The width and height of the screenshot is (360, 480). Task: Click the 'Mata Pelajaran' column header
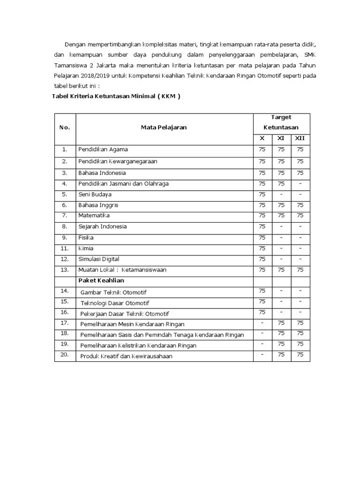pyautogui.click(x=164, y=127)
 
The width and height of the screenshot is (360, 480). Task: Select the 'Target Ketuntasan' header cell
pyautogui.click(x=280, y=122)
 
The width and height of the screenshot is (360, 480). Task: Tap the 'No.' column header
pyautogui.click(x=65, y=127)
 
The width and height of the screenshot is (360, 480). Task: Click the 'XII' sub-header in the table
pyautogui.click(x=300, y=138)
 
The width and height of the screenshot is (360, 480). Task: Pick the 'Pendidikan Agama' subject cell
pyautogui.click(x=103, y=150)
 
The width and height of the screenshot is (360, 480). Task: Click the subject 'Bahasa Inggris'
pyautogui.click(x=98, y=205)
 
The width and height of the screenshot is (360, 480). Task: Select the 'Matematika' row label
pyautogui.click(x=94, y=216)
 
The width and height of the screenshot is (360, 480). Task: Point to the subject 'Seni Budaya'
pyautogui.click(x=95, y=194)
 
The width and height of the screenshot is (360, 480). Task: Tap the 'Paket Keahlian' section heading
pyautogui.click(x=101, y=280)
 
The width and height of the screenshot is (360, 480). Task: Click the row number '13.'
pyautogui.click(x=65, y=270)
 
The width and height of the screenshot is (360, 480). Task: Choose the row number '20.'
pyautogui.click(x=65, y=355)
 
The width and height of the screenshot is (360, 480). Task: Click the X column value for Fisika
pyautogui.click(x=262, y=237)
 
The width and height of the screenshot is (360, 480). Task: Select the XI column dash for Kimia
pyautogui.click(x=281, y=248)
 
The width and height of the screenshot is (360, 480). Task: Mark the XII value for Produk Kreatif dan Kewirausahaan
pyautogui.click(x=300, y=355)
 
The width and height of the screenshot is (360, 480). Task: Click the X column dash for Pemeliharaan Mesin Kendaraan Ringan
pyautogui.click(x=262, y=323)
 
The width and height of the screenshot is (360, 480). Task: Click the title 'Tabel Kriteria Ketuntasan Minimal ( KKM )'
pyautogui.click(x=116, y=97)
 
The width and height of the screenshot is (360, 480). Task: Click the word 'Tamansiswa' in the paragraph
pyautogui.click(x=67, y=66)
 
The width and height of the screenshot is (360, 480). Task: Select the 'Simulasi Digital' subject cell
pyautogui.click(x=99, y=259)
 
